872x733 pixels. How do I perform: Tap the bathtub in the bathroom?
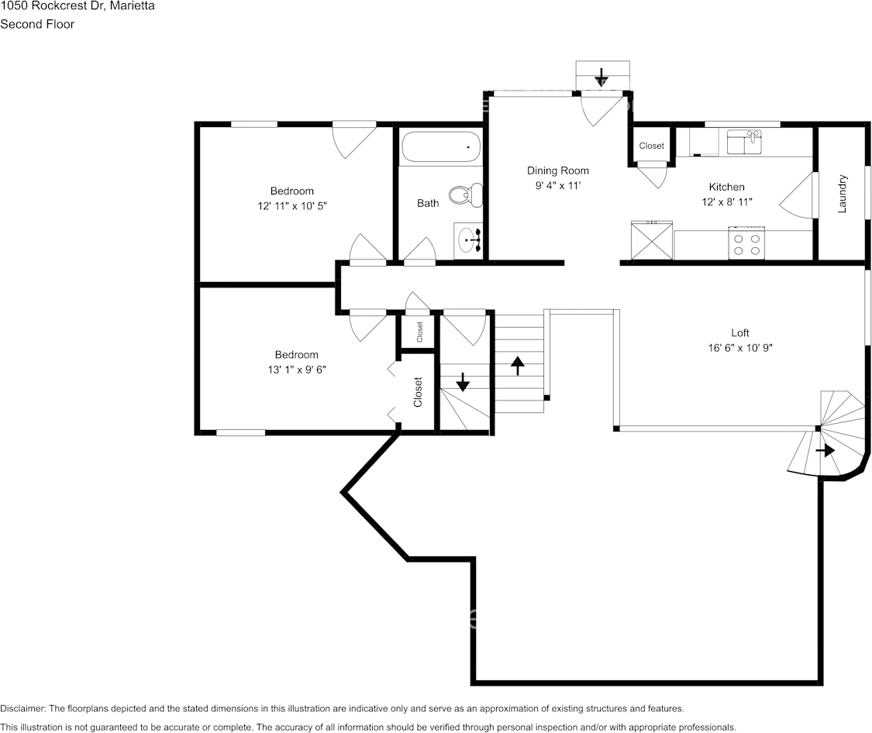(x=440, y=147)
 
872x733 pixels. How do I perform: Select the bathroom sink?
(x=469, y=240)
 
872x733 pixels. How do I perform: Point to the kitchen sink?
(x=745, y=143)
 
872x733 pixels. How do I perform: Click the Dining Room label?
(x=557, y=170)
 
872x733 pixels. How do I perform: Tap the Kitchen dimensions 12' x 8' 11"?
(x=726, y=201)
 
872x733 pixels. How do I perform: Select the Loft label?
(x=739, y=333)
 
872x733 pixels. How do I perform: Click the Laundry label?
(x=842, y=194)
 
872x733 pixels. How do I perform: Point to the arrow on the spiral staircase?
(x=825, y=450)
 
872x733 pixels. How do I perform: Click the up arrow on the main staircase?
(x=517, y=363)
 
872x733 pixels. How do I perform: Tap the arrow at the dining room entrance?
(x=601, y=77)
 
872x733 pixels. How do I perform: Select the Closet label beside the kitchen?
(x=651, y=146)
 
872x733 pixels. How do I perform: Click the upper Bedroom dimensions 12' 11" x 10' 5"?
(x=291, y=206)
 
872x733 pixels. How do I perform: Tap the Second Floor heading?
(x=37, y=24)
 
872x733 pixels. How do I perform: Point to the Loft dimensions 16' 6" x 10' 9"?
(x=739, y=348)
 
